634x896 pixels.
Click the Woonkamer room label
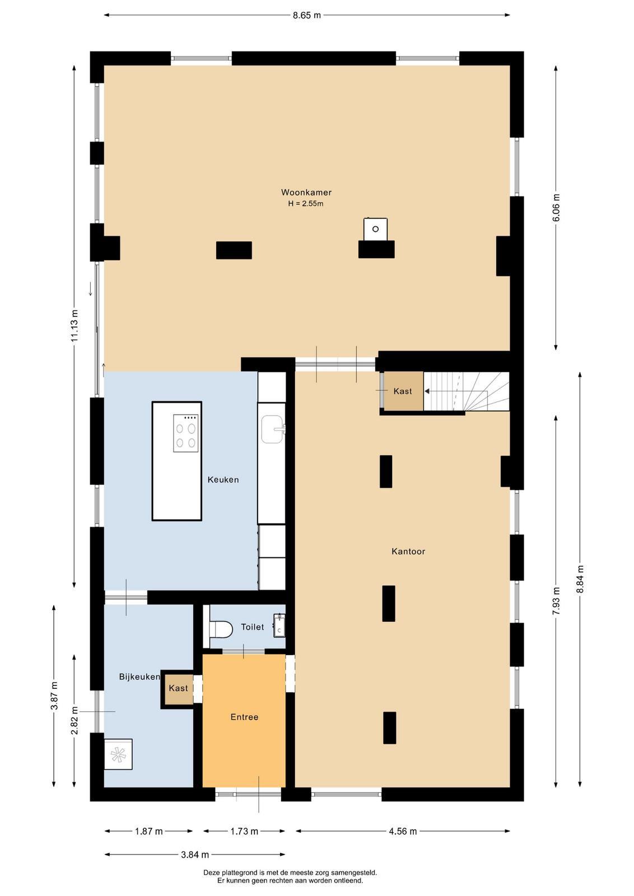click(306, 193)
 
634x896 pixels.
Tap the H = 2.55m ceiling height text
click(306, 204)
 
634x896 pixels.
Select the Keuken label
click(223, 479)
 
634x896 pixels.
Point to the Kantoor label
click(408, 551)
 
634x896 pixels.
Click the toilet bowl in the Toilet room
click(221, 629)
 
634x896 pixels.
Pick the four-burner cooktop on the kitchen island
click(185, 433)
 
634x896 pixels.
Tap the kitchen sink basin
click(272, 429)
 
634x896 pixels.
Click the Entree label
click(244, 717)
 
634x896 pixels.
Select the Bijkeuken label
click(139, 677)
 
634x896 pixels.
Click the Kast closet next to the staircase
click(403, 391)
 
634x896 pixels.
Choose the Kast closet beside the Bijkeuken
click(178, 688)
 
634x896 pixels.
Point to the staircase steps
click(467, 391)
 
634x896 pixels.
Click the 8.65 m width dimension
click(307, 15)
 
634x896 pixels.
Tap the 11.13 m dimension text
click(74, 325)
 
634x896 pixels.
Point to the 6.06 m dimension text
click(556, 207)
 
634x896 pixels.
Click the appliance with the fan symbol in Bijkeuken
click(118, 754)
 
